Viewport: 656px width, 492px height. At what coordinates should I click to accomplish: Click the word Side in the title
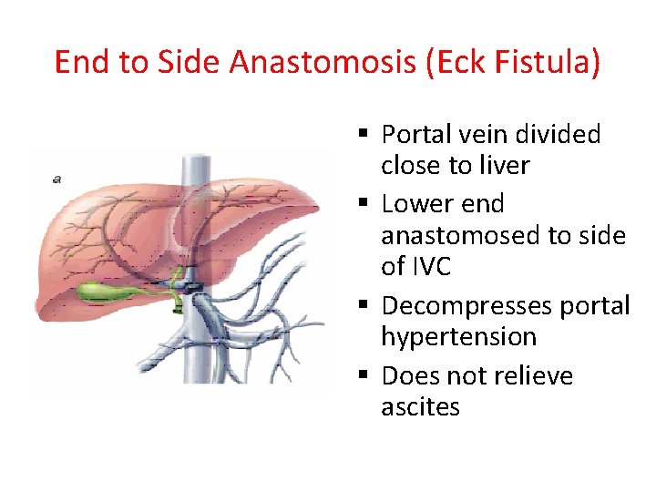190,63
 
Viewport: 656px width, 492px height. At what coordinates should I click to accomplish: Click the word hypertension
458,337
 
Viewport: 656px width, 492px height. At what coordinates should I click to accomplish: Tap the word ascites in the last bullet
420,406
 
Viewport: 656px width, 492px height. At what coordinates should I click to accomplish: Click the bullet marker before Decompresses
363,306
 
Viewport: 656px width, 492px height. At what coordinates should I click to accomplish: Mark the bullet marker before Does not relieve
363,375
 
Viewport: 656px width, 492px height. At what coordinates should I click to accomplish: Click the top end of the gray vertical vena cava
195,159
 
